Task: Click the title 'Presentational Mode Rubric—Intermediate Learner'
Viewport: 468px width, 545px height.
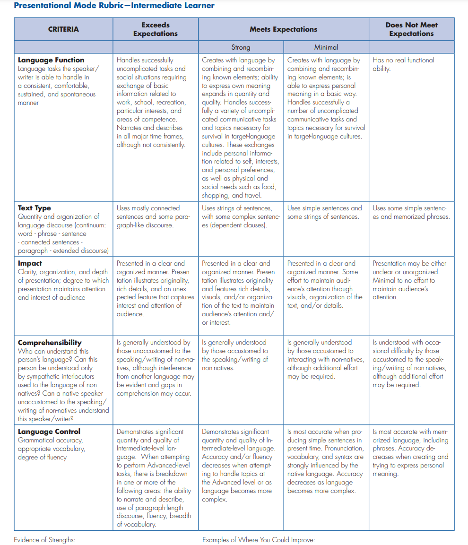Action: pos(114,6)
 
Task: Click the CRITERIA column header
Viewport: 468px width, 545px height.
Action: pos(63,29)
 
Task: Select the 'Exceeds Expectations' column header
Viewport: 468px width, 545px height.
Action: pos(156,29)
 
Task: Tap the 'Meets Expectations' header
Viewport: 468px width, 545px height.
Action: pos(283,29)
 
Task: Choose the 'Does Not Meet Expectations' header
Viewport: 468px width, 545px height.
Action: pos(411,29)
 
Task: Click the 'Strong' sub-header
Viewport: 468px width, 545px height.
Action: pos(241,47)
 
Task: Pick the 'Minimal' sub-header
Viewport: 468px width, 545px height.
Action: pos(326,47)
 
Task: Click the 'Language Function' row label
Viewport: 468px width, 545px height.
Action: pos(51,60)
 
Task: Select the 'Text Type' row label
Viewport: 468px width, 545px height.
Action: pos(35,208)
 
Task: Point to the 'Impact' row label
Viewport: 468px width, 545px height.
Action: pos(30,263)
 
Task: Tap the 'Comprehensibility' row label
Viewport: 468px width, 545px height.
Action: pos(50,343)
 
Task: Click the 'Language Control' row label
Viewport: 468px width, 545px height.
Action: pos(49,432)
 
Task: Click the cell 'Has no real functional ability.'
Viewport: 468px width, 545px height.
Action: pos(403,64)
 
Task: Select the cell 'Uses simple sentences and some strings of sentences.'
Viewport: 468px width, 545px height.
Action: pos(325,212)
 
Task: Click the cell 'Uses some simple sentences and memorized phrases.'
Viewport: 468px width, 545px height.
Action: pos(410,212)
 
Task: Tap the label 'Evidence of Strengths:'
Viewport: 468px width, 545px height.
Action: pos(44,540)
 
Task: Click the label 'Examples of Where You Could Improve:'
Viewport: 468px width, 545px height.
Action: pos(259,540)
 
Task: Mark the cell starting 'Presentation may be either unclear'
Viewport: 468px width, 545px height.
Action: pos(409,280)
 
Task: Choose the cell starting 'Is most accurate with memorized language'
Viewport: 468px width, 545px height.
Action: pos(410,452)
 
